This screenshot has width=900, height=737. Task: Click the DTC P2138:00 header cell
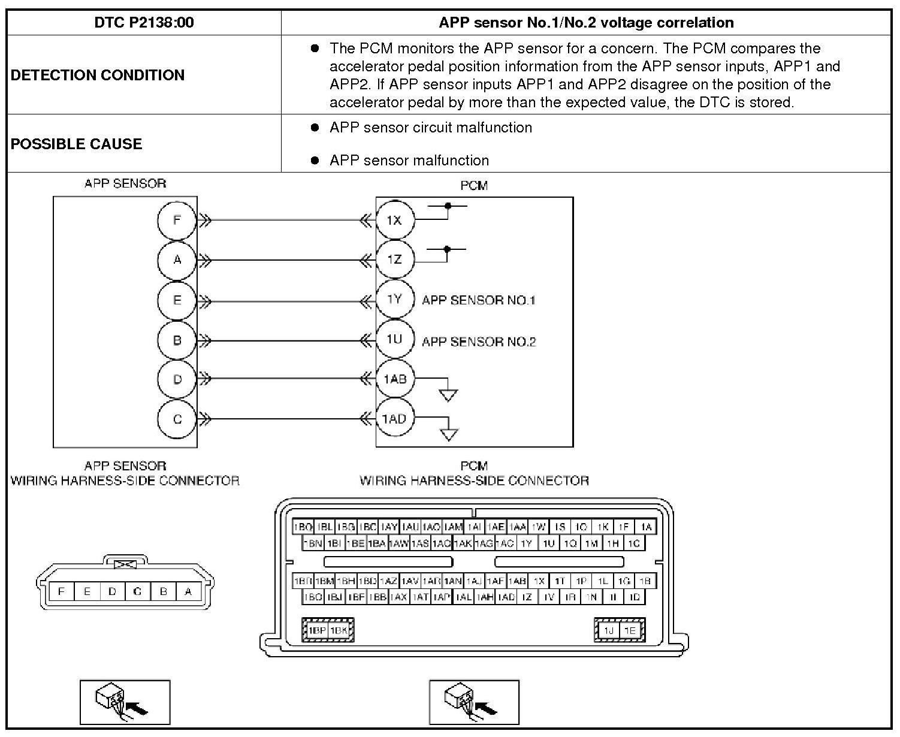[144, 23]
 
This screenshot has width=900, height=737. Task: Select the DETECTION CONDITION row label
[98, 75]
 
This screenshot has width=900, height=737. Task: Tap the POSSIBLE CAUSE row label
[77, 144]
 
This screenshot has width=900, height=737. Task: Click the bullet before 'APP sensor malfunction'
[315, 161]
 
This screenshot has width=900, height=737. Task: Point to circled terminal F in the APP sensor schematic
[177, 220]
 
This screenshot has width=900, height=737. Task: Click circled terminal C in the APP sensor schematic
[177, 419]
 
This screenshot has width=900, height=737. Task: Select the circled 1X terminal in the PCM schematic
[394, 220]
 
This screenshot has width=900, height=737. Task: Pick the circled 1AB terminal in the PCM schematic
[395, 379]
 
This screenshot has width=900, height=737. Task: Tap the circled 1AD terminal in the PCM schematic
[394, 419]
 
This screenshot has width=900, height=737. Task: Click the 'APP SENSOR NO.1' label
[478, 300]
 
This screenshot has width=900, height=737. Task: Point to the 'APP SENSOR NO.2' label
[479, 342]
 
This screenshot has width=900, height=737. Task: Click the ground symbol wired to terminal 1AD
[449, 434]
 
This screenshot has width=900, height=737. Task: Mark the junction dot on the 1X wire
[448, 206]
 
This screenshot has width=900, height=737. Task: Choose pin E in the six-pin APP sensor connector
[87, 591]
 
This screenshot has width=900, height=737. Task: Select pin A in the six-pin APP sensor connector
[188, 591]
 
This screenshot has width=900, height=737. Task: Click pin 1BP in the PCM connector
[316, 630]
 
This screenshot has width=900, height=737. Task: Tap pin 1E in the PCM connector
[629, 630]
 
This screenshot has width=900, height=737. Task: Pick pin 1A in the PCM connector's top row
[645, 527]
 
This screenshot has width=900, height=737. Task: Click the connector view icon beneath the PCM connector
[474, 702]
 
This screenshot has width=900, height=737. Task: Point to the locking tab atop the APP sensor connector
[125, 564]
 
